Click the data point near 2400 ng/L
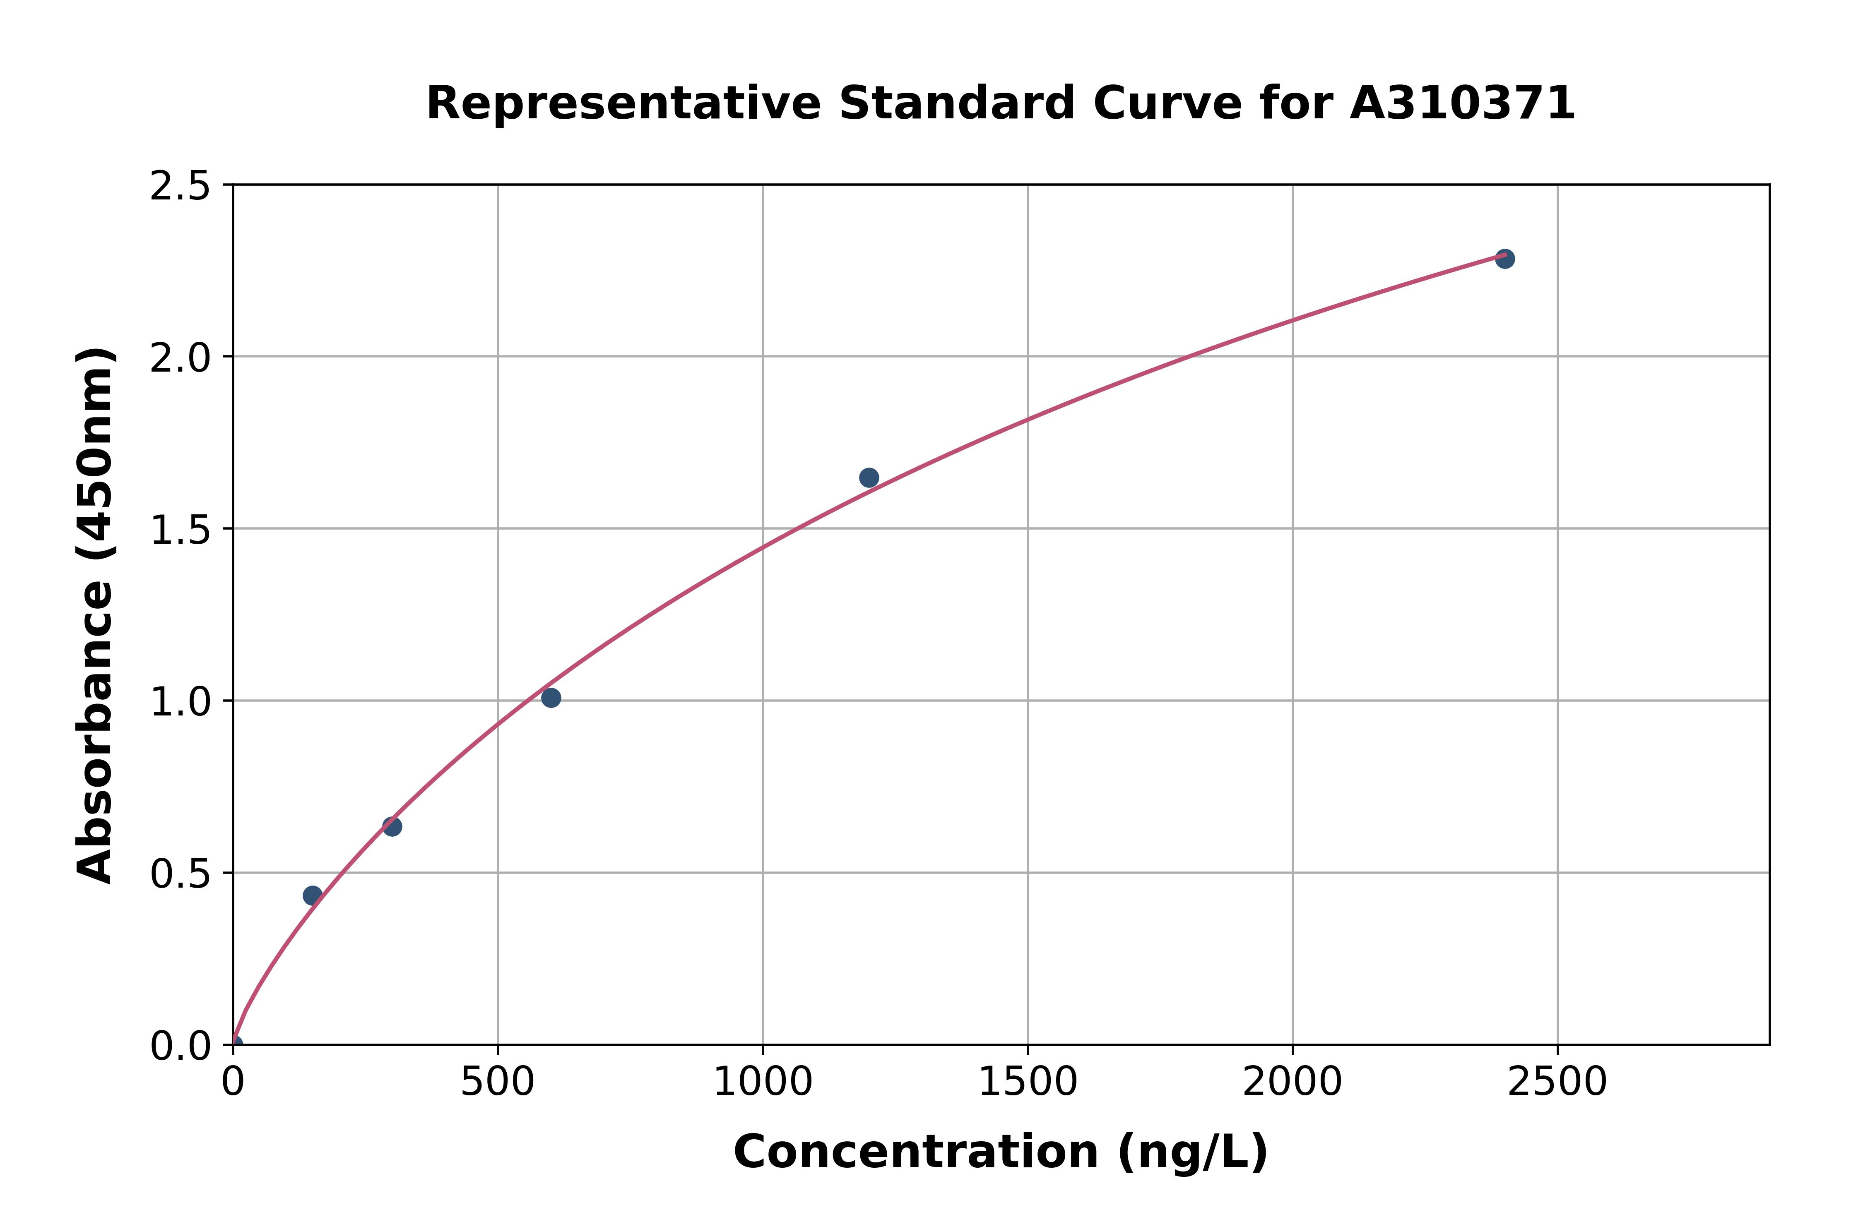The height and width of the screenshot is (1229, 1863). [1504, 259]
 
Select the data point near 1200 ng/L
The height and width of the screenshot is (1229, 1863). [869, 478]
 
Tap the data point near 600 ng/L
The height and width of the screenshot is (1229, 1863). [551, 698]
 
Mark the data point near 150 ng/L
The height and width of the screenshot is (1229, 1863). [312, 895]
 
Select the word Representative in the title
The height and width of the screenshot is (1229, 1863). [623, 103]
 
